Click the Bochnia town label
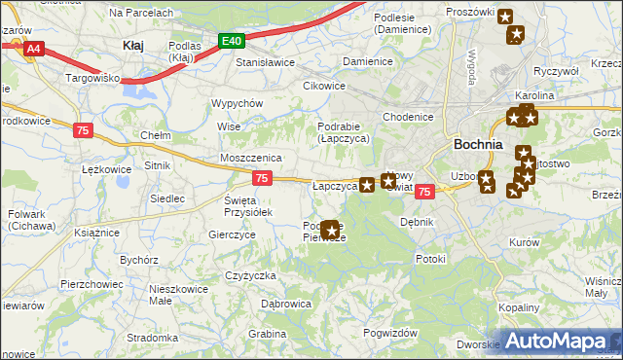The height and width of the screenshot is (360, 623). (x=478, y=144)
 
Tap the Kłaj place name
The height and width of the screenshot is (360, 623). (x=133, y=45)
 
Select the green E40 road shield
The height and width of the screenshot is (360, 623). (x=231, y=41)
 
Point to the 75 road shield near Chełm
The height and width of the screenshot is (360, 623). (x=84, y=129)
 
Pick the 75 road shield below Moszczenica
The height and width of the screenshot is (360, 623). (x=261, y=178)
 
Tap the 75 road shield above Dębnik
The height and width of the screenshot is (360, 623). (x=424, y=193)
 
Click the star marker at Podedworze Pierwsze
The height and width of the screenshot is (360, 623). (x=331, y=231)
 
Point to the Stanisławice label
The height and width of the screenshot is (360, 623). (x=266, y=62)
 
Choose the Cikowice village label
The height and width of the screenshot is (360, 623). (x=324, y=86)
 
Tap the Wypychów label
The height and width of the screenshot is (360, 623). (x=238, y=103)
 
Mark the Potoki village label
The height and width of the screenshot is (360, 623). (x=429, y=259)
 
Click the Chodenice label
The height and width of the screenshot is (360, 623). (x=407, y=117)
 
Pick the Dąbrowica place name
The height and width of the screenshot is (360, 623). (x=285, y=305)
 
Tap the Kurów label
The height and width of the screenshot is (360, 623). (x=524, y=241)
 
